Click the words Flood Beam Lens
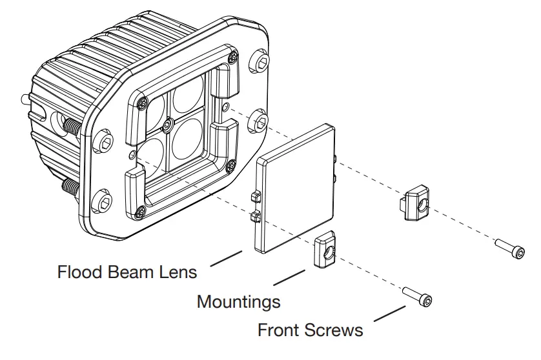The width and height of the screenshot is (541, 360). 127,272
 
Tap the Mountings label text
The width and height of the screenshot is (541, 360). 238,301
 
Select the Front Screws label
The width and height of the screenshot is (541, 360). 310,331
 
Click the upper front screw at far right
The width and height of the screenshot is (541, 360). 509,248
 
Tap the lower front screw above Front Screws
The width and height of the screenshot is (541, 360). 419,297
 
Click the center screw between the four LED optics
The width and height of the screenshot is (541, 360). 168,122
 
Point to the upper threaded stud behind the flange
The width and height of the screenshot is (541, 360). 70,128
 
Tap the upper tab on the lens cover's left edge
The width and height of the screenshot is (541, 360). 254,195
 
